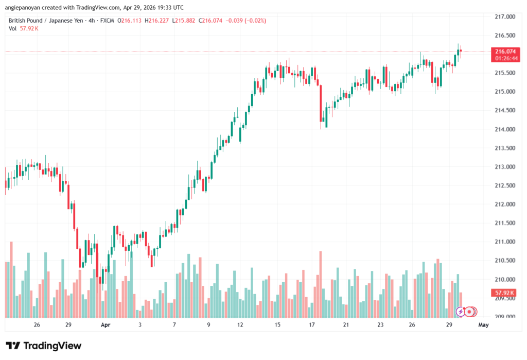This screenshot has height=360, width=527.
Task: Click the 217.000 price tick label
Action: [504, 17]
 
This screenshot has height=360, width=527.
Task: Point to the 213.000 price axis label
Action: [504, 167]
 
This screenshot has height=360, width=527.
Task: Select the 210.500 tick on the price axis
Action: [504, 261]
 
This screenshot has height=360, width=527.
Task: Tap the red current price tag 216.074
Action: [504, 51]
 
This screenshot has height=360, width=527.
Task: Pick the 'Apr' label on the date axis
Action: [106, 325]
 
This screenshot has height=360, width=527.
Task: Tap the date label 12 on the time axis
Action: [240, 325]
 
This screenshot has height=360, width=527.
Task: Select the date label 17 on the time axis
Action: [312, 325]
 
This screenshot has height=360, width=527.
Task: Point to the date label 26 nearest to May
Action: [412, 325]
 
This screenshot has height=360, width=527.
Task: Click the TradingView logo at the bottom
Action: [44, 346]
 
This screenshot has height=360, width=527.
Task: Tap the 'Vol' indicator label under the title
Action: [12, 28]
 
